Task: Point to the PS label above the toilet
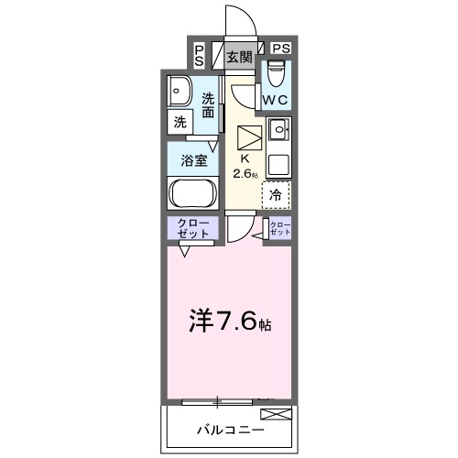pyautogui.click(x=281, y=49)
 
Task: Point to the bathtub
pyautogui.click(x=191, y=194)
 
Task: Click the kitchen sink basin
pyautogui.click(x=278, y=129)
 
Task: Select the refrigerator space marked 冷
pyautogui.click(x=276, y=194)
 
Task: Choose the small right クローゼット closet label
pyautogui.click(x=279, y=229)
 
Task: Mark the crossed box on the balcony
pyautogui.click(x=281, y=413)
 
